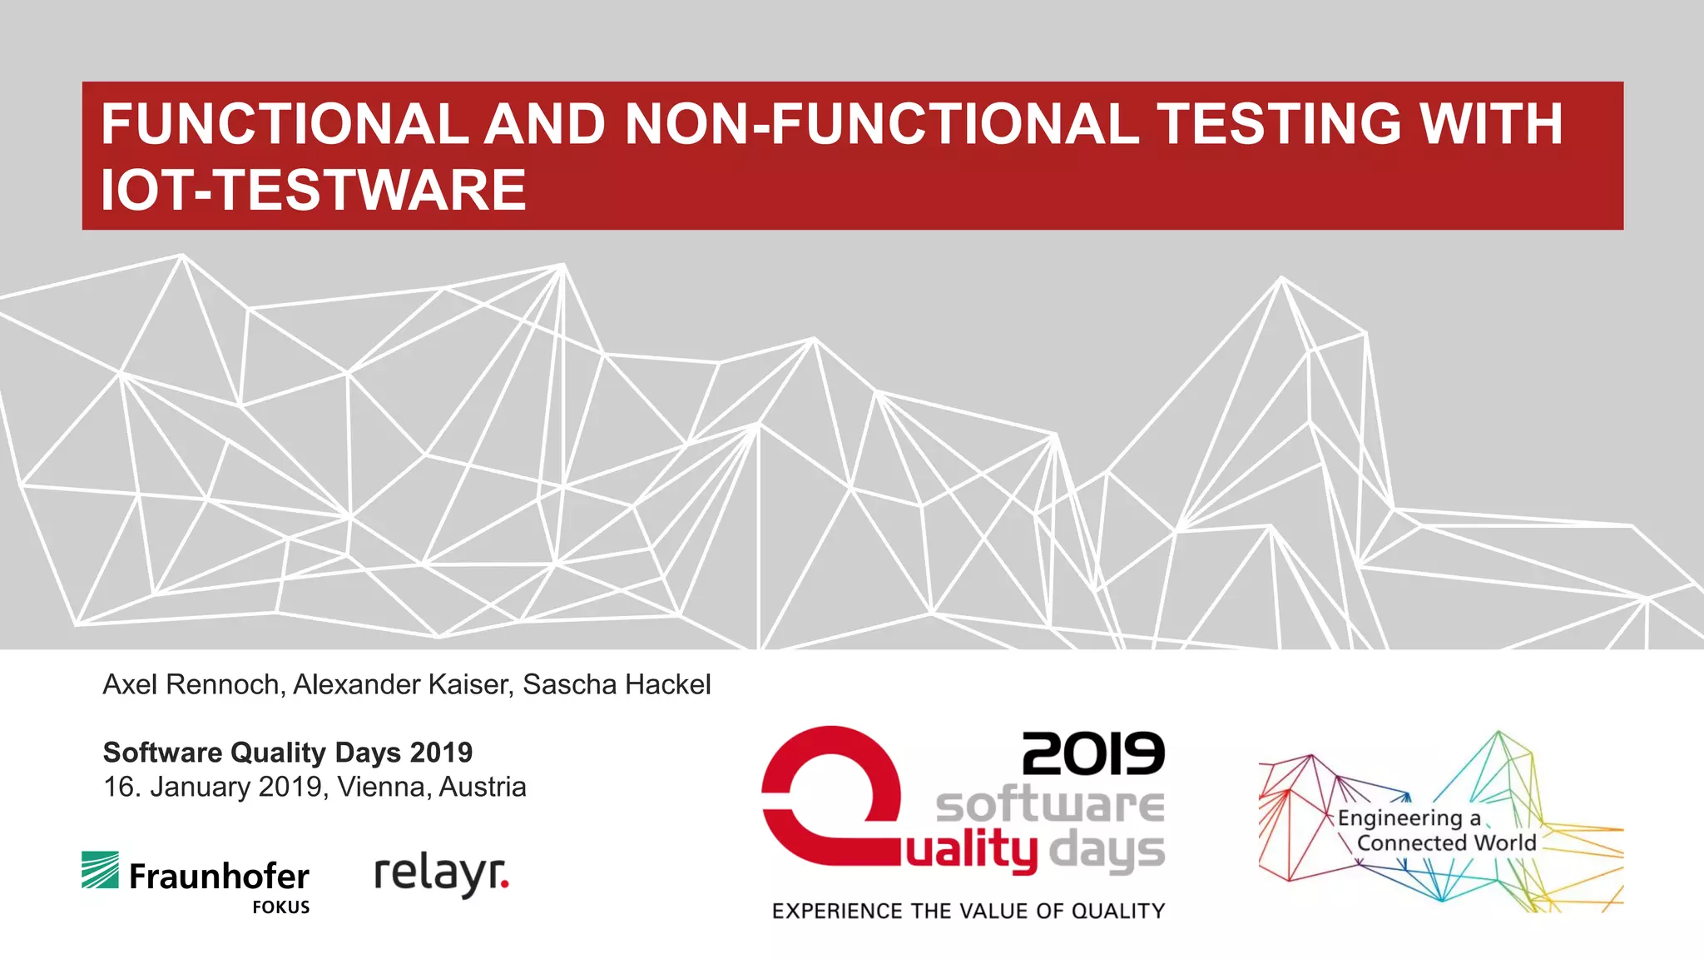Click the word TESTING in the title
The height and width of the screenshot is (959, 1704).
[1279, 124]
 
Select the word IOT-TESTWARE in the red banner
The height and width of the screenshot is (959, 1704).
[313, 191]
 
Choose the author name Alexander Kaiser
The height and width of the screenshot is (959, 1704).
[403, 684]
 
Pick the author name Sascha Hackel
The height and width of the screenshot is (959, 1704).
[617, 684]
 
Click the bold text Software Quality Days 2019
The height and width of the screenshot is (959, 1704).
[287, 753]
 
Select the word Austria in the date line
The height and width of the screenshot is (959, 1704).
[483, 787]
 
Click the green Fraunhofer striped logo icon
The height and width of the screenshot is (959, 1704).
[100, 870]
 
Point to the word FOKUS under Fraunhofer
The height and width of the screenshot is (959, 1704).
[281, 907]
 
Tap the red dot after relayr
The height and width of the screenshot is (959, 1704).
[505, 886]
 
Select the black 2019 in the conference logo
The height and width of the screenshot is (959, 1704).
[1092, 753]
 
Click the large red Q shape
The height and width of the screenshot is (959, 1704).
[830, 799]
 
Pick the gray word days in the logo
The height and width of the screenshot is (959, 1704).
[1107, 852]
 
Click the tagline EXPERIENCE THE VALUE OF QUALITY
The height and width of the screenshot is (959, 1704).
[968, 912]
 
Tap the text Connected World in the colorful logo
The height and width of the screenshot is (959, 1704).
[1446, 843]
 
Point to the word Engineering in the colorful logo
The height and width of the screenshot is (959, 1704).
[1399, 818]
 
